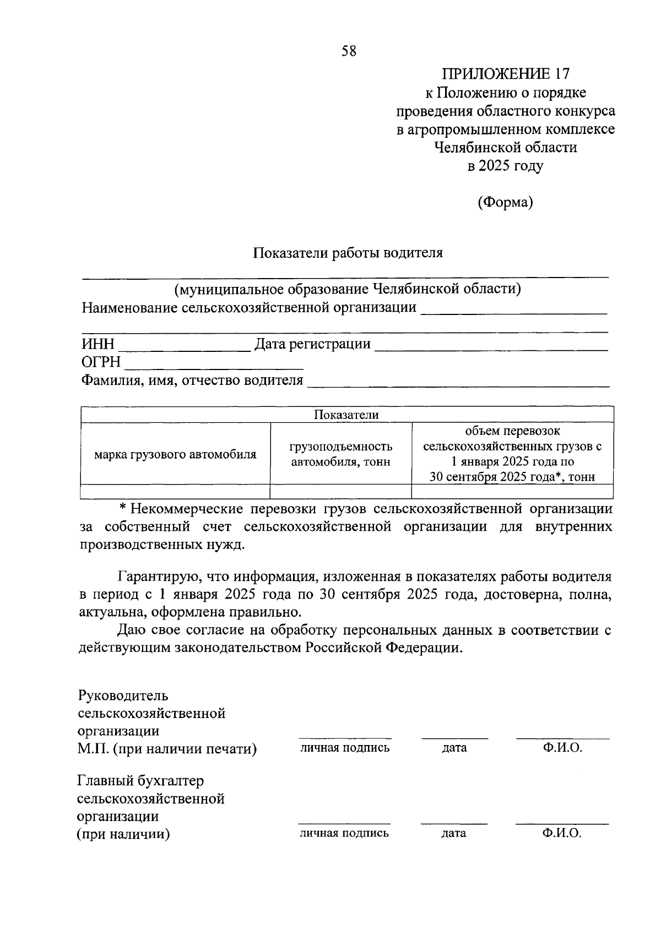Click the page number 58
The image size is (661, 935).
point(349,51)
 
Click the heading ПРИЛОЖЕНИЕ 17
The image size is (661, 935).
point(505,74)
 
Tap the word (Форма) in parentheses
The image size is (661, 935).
point(505,202)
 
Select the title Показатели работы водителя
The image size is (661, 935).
point(348,253)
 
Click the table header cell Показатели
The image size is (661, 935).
point(346,415)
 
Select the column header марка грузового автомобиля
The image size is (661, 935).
point(175,454)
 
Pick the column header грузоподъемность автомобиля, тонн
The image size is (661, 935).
point(340,454)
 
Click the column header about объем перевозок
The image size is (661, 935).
point(512,454)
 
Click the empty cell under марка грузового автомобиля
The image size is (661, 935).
point(175,491)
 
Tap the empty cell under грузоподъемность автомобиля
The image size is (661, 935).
point(340,491)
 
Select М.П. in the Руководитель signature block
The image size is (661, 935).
point(93,749)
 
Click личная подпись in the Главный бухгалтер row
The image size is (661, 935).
point(344,833)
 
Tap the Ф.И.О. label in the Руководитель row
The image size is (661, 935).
point(562,748)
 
